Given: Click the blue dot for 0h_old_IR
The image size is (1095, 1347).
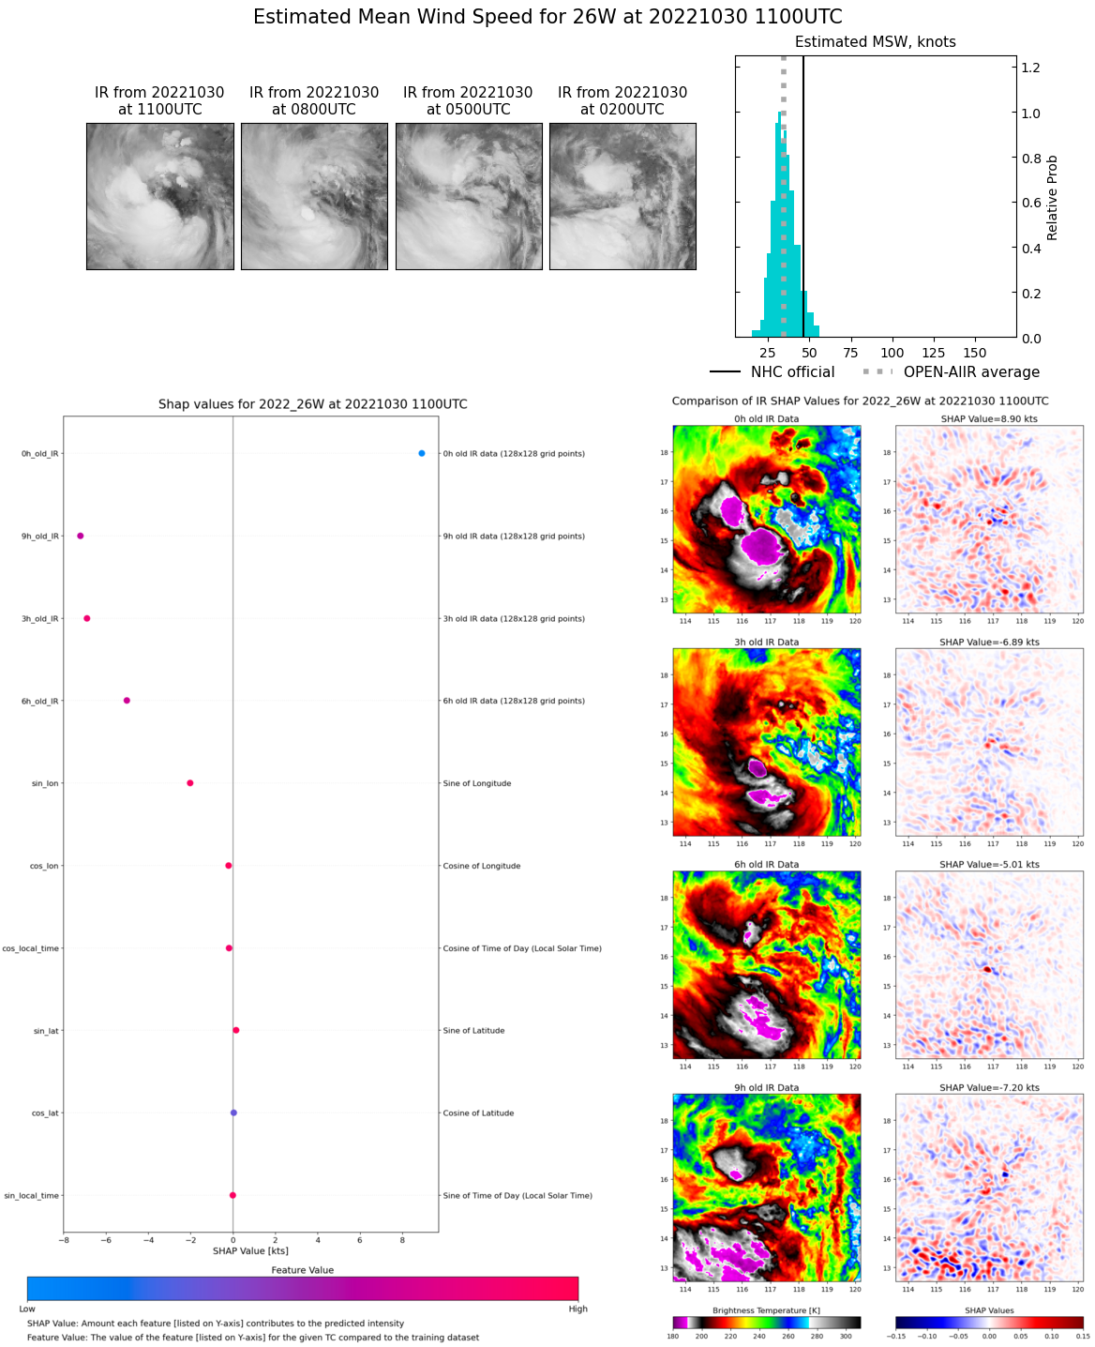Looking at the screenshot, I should tap(422, 453).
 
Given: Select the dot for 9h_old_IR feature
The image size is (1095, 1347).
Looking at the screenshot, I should tap(81, 536).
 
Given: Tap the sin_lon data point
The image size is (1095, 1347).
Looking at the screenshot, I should tap(190, 782).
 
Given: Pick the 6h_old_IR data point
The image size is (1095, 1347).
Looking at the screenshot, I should tap(127, 700).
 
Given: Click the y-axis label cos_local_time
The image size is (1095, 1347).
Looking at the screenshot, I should tap(31, 948).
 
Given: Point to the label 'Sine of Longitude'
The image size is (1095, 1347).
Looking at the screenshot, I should tap(476, 783).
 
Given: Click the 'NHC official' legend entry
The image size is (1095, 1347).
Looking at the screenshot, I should tap(792, 371).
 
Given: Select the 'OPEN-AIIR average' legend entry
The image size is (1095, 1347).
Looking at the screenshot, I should tap(971, 371).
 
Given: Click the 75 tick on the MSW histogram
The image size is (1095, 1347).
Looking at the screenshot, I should tap(850, 353).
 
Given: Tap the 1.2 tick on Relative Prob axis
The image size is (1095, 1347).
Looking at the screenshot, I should tap(1030, 68).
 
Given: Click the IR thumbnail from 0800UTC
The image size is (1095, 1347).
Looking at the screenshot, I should tap(314, 196).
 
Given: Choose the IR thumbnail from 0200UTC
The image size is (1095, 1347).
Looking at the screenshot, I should tap(622, 196).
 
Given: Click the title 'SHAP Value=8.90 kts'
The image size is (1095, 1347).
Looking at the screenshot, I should tap(989, 419).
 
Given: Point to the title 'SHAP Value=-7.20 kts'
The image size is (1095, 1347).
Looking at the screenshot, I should tap(989, 1088).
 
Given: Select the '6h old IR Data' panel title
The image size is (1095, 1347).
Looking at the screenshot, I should tap(767, 865).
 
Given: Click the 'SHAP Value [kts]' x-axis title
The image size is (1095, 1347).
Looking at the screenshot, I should tap(250, 1250).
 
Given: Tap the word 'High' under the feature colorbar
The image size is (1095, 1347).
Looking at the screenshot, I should tap(577, 1309).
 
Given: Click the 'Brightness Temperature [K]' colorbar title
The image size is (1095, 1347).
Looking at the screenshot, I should tap(766, 1310).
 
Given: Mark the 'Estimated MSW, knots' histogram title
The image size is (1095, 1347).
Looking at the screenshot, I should tap(876, 42).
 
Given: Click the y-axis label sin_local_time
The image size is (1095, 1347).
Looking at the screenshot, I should tap(32, 1196).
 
